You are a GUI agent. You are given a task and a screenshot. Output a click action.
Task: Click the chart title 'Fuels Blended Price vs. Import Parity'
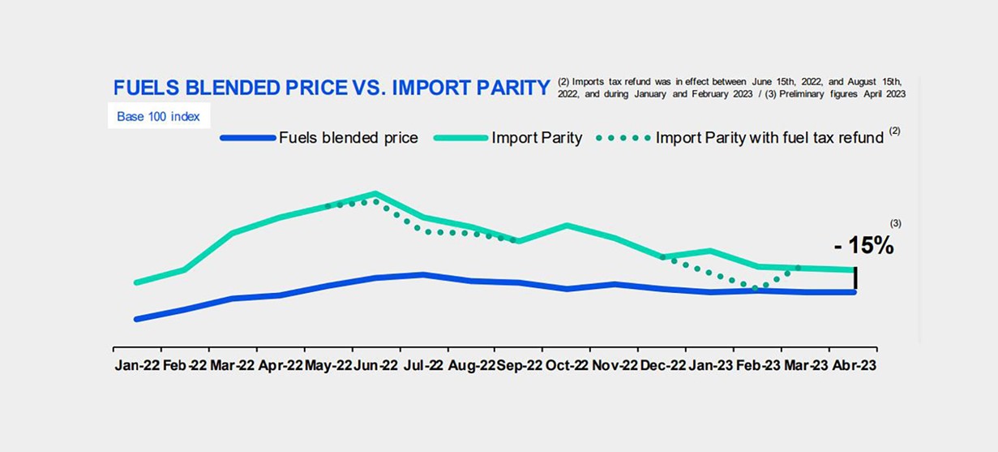(x=332, y=88)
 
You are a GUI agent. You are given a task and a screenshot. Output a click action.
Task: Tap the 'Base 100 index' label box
(x=159, y=116)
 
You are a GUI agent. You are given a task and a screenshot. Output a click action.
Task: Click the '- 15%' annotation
(x=863, y=246)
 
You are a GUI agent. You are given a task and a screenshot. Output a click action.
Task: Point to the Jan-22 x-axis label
(x=137, y=366)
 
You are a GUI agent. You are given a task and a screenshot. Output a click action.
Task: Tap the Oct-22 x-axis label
(x=567, y=366)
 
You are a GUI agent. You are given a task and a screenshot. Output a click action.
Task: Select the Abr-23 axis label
(x=854, y=366)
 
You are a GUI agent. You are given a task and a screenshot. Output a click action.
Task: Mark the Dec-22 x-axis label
(x=662, y=366)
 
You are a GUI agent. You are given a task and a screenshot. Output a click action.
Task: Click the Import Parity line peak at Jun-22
(x=375, y=193)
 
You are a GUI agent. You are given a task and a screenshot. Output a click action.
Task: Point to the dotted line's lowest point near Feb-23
(x=756, y=288)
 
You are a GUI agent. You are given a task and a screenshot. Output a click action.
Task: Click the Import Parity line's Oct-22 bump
(x=567, y=225)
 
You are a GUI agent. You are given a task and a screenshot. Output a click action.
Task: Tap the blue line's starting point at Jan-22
(x=136, y=319)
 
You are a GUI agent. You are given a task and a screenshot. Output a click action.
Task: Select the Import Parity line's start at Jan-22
(x=136, y=282)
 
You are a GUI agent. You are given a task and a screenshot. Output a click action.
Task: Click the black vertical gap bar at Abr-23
(x=855, y=280)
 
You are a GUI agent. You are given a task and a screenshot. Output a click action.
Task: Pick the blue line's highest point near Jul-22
(x=423, y=274)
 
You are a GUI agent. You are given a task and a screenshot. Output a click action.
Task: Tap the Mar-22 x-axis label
(x=233, y=366)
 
